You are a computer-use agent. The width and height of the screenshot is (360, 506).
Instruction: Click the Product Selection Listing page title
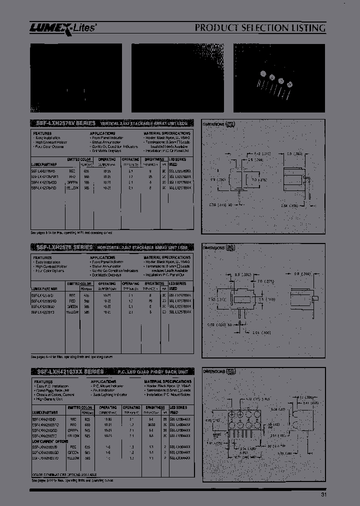click(x=260, y=28)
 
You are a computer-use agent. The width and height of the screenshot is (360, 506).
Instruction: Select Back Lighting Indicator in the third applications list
click(x=108, y=394)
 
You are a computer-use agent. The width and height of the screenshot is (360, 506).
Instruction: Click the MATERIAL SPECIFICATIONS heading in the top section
click(x=167, y=134)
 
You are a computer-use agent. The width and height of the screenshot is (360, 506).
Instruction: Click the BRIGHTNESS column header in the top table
click(x=154, y=160)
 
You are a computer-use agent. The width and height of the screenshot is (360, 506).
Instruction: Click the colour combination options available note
click(x=63, y=474)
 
